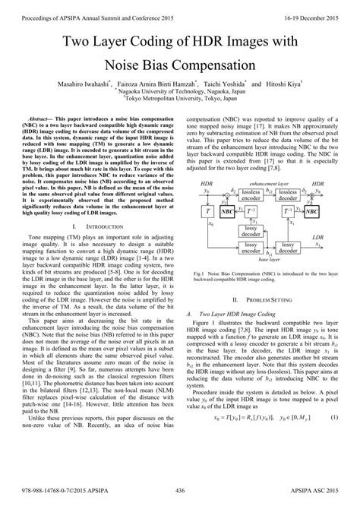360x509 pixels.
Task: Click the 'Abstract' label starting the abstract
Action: [40, 120]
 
